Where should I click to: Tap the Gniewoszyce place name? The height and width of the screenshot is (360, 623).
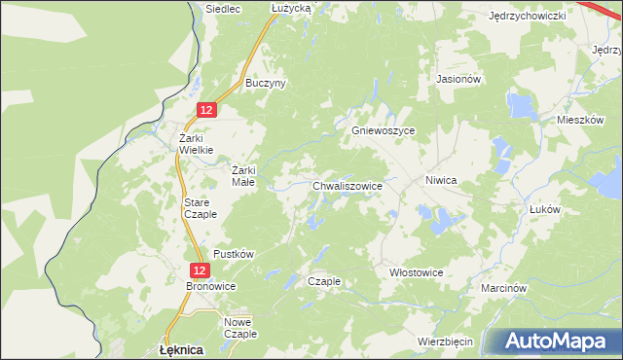(383, 130)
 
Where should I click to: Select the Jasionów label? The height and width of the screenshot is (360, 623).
(459, 79)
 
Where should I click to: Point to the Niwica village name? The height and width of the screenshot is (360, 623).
(441, 181)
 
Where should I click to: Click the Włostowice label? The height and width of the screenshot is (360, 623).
(416, 272)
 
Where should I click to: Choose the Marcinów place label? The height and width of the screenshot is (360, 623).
(503, 289)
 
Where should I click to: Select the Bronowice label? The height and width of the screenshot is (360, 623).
(211, 286)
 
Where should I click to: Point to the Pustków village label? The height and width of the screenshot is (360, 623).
(234, 254)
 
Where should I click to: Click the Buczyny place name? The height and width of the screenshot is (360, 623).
(265, 84)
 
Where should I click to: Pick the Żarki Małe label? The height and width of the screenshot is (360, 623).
(243, 174)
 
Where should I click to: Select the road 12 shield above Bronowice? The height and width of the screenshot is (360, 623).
(199, 270)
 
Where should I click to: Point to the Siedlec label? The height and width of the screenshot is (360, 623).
(223, 8)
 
